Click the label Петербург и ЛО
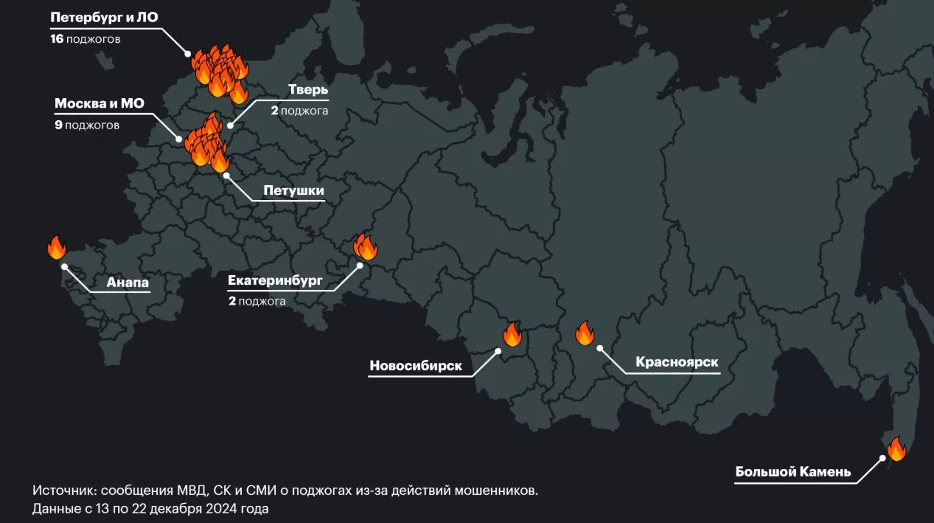pos(104,18)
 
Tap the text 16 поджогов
pos(85,38)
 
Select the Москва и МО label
pos(100,103)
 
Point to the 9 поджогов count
pos(87,125)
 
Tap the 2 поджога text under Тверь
pos(299,111)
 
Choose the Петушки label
pos(293,191)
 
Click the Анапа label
pos(128,282)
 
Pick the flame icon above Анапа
pos(57,247)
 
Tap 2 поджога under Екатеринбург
pos(257,301)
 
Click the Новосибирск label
pos(416,366)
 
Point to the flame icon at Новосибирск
pos(512,334)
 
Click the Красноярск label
pos(676,362)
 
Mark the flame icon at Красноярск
pos(585,333)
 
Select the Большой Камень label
pos(793,472)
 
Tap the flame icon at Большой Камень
pos(896,448)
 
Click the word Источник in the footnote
pos(64,491)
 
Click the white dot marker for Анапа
pos(64,266)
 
